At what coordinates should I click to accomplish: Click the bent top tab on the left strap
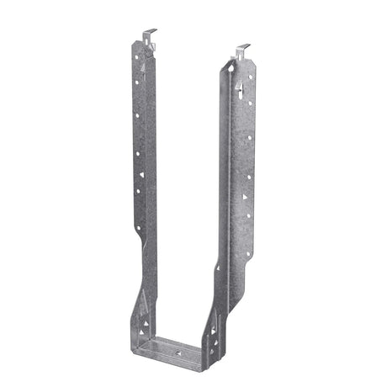(x=148, y=36)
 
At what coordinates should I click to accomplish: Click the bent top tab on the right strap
(x=242, y=50)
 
